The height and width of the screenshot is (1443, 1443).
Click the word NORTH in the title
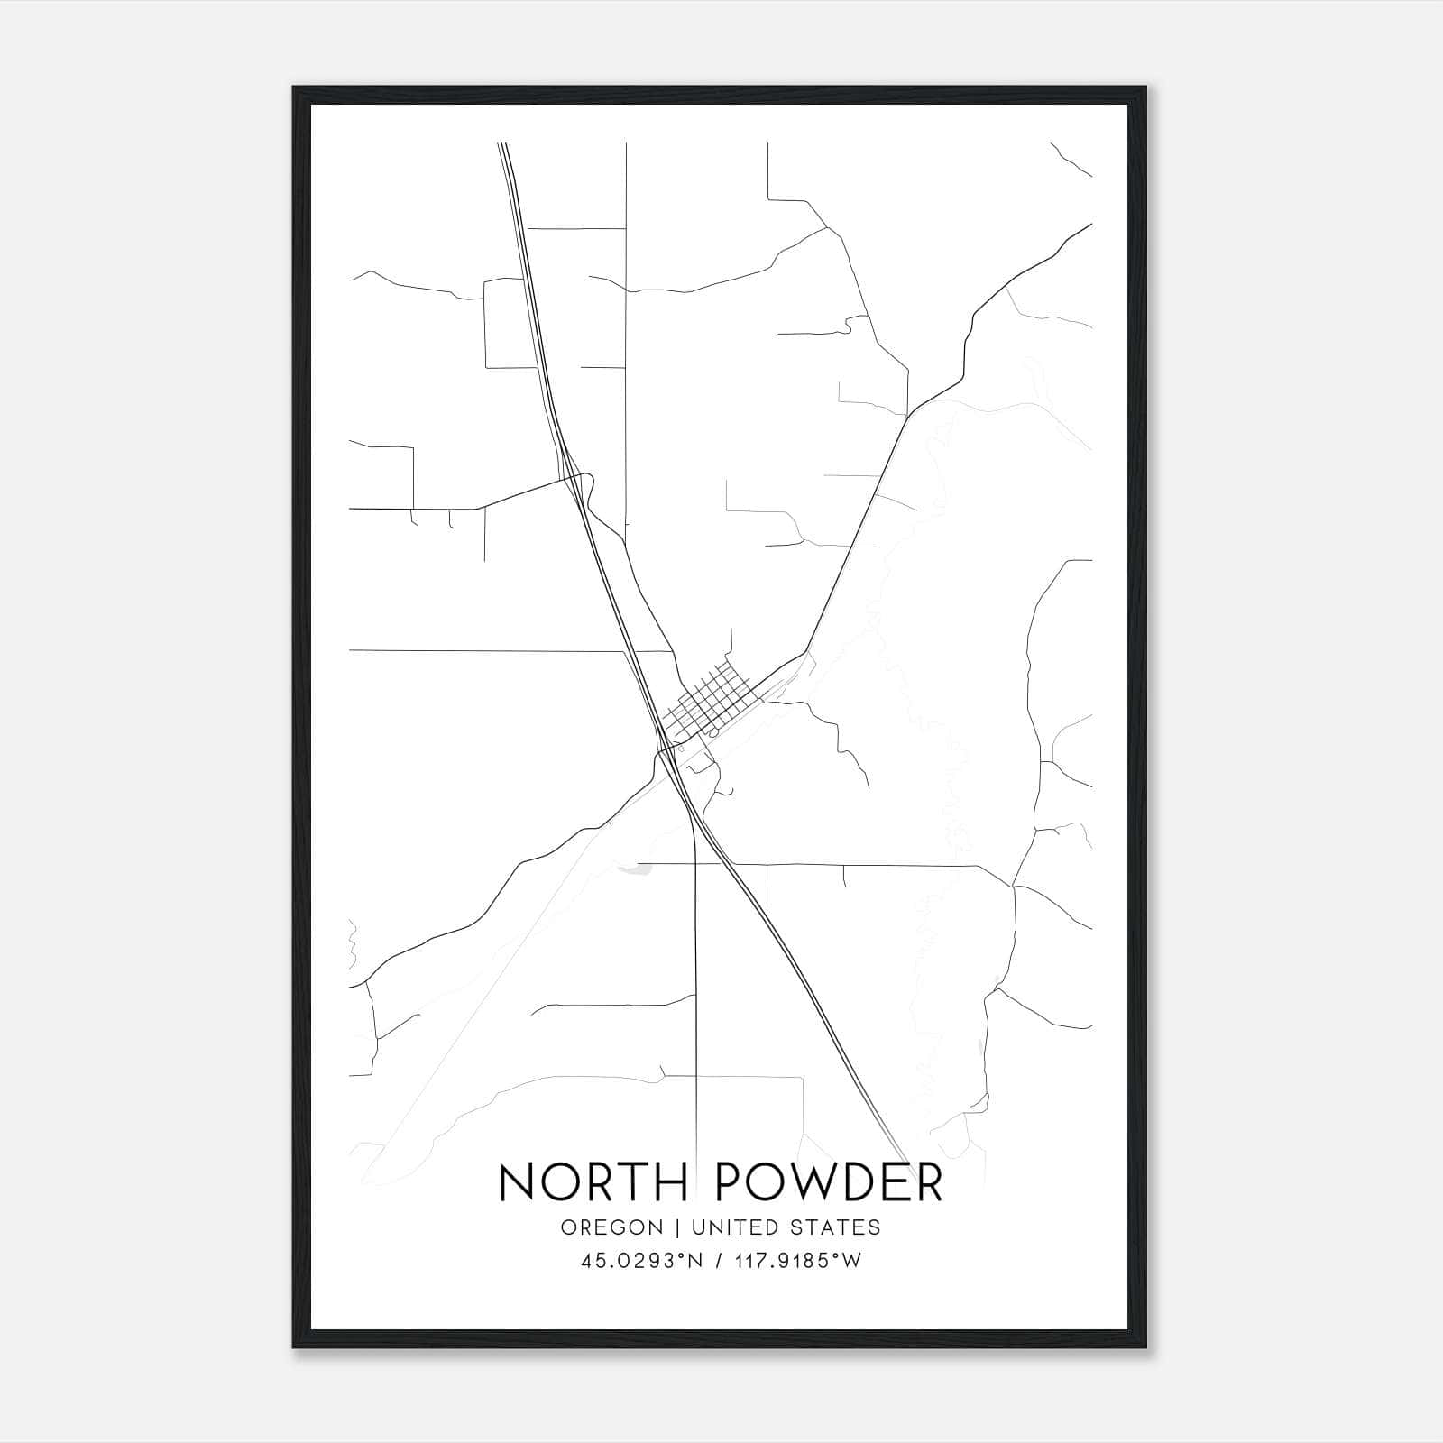click(595, 1182)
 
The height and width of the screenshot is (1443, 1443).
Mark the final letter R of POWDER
click(928, 1182)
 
